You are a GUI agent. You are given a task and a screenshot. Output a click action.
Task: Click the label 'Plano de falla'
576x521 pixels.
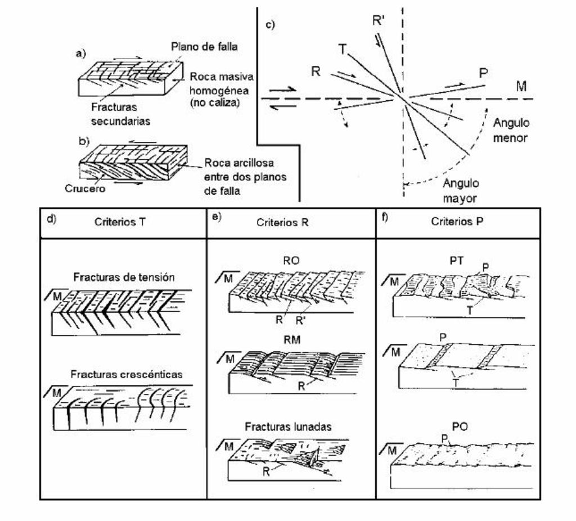(204, 47)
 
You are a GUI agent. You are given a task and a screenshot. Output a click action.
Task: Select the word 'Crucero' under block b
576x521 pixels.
(85, 188)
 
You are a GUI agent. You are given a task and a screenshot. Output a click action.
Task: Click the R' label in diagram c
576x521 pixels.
(379, 21)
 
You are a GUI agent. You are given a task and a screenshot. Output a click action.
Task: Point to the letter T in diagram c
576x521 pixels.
(342, 50)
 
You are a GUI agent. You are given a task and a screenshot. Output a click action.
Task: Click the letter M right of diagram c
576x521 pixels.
(521, 87)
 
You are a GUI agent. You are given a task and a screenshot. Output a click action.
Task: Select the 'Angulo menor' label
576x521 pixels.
(511, 130)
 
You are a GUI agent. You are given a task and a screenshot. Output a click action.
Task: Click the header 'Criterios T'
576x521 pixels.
(120, 222)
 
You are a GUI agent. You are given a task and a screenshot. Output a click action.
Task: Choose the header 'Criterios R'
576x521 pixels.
(282, 222)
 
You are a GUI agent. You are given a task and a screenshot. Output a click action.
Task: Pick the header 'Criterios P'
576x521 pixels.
(457, 222)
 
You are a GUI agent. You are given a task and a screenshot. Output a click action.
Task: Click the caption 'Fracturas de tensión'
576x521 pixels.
(124, 277)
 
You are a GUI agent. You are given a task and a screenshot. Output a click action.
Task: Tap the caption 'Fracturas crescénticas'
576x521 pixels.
(126, 374)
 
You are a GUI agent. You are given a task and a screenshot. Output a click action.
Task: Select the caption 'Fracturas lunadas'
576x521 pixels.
(288, 426)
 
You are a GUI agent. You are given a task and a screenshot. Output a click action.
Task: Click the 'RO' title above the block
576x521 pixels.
(291, 260)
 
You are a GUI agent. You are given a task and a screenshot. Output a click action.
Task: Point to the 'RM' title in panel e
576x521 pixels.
(292, 340)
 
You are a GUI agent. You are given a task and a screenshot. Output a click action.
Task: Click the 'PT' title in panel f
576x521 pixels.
(456, 260)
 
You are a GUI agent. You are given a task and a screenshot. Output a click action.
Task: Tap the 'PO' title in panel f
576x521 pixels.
(460, 427)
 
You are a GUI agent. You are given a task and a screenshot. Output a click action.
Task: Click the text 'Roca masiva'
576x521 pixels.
(221, 77)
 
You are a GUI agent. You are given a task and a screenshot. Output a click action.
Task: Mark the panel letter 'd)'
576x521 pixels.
(51, 218)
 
